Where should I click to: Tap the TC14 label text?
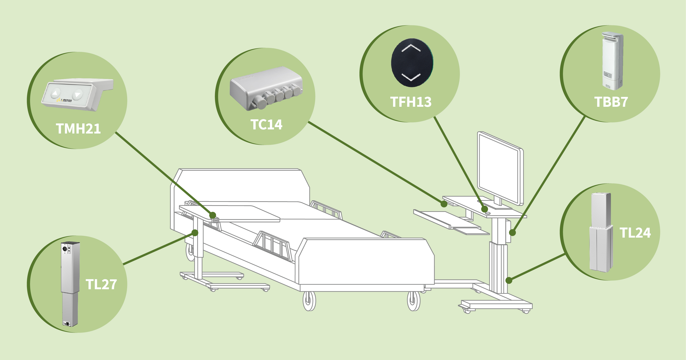[266, 125]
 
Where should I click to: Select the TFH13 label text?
[411, 102]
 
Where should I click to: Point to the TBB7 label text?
[611, 102]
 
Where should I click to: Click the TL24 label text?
[635, 233]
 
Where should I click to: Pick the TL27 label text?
[101, 284]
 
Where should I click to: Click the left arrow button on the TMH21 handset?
[55, 93]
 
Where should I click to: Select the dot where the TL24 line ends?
[509, 280]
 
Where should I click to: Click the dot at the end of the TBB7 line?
[512, 233]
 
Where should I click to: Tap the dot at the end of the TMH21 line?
[213, 215]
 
